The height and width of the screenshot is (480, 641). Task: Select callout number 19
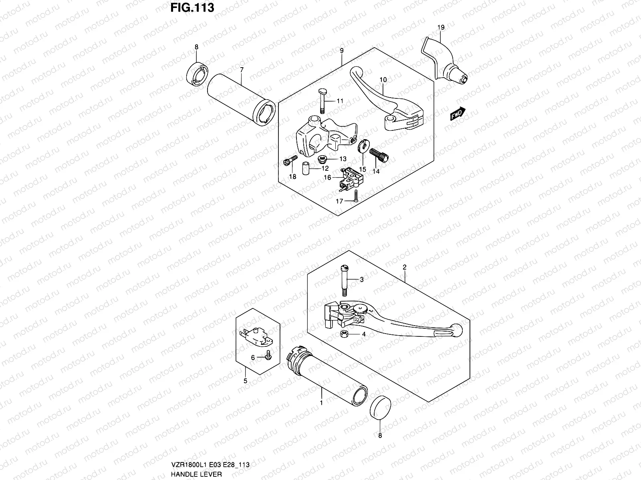click(441, 28)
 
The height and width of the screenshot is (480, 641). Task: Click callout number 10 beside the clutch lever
click(383, 80)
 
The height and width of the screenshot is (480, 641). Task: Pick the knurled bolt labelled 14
click(379, 154)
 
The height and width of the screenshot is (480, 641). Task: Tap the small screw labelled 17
click(355, 196)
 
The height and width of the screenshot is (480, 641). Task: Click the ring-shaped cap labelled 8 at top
click(198, 73)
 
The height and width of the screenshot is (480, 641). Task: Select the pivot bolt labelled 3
click(344, 279)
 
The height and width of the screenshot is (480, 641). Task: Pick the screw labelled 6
click(268, 355)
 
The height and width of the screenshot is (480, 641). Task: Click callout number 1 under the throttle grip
click(321, 403)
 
